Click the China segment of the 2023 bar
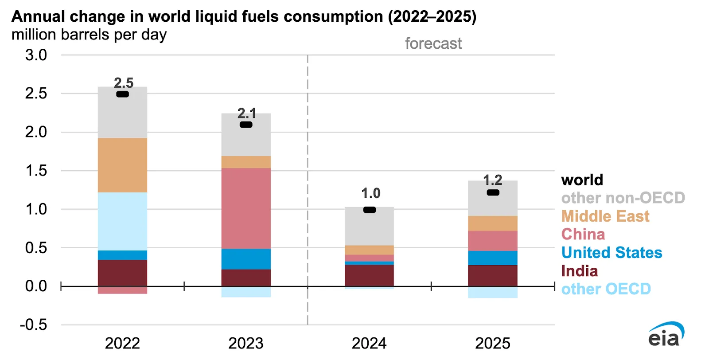pyautogui.click(x=246, y=208)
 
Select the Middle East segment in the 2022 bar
pyautogui.click(x=122, y=165)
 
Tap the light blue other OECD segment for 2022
pyautogui.click(x=122, y=221)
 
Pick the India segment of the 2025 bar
pyautogui.click(x=492, y=275)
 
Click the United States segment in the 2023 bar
pyautogui.click(x=246, y=259)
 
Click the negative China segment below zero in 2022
pyautogui.click(x=122, y=290)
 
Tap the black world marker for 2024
pyautogui.click(x=369, y=210)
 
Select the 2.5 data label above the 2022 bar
pyautogui.click(x=124, y=83)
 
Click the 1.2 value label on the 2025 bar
pyautogui.click(x=492, y=180)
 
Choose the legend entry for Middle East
pyautogui.click(x=605, y=216)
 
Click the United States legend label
pyautogui.click(x=611, y=252)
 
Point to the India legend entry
pyautogui.click(x=579, y=271)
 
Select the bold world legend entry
pyautogui.click(x=582, y=180)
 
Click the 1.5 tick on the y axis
pyautogui.click(x=36, y=171)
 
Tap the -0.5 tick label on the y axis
pyautogui.click(x=34, y=325)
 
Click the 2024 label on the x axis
pyautogui.click(x=369, y=343)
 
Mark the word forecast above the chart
pyautogui.click(x=433, y=43)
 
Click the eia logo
pyautogui.click(x=665, y=335)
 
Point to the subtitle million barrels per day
pyautogui.click(x=89, y=35)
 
